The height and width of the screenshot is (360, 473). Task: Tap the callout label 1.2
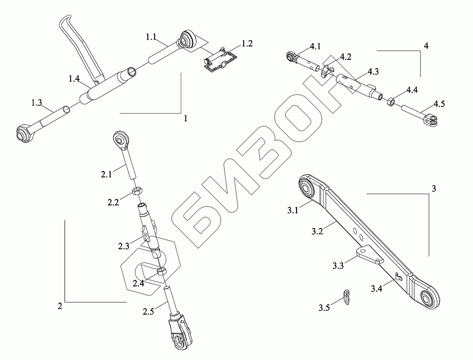click(246, 44)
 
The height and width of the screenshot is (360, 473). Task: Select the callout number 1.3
click(36, 102)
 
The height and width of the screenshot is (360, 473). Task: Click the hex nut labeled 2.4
click(161, 271)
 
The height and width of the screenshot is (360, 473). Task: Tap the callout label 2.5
click(148, 311)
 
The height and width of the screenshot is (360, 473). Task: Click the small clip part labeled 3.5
click(347, 297)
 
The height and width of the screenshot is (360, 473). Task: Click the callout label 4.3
click(373, 72)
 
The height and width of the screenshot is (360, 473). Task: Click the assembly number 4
click(426, 46)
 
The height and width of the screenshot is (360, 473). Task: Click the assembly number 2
click(60, 306)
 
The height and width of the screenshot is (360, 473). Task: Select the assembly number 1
click(186, 119)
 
